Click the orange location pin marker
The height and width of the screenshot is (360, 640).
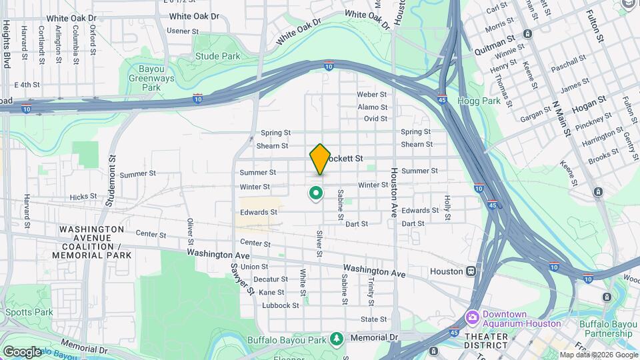tap(320, 159)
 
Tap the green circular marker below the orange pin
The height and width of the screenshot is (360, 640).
tap(315, 193)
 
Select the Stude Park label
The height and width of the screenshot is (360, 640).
tap(217, 57)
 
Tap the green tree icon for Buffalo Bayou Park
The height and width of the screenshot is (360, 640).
tap(337, 339)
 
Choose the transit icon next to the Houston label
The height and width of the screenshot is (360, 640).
tap(472, 271)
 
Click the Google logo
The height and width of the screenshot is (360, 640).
tap(21, 351)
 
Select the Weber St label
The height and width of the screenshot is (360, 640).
tap(372, 95)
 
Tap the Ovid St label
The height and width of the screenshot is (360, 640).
tap(375, 119)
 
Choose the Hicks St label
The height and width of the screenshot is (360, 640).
tap(83, 197)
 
